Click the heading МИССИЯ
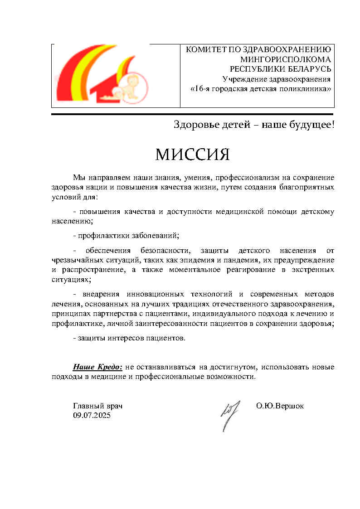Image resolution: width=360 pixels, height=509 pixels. pos(192,155)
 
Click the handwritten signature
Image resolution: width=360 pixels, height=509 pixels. pos(227,414)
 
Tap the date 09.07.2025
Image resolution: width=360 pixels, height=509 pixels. pos(92,415)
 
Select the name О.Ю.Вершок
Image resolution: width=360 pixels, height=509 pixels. pos(280,406)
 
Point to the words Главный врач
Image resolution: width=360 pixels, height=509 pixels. pos(97,406)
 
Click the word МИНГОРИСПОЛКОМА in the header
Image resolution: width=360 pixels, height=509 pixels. pos(286,59)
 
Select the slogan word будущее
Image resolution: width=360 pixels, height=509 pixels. pos(311,125)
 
